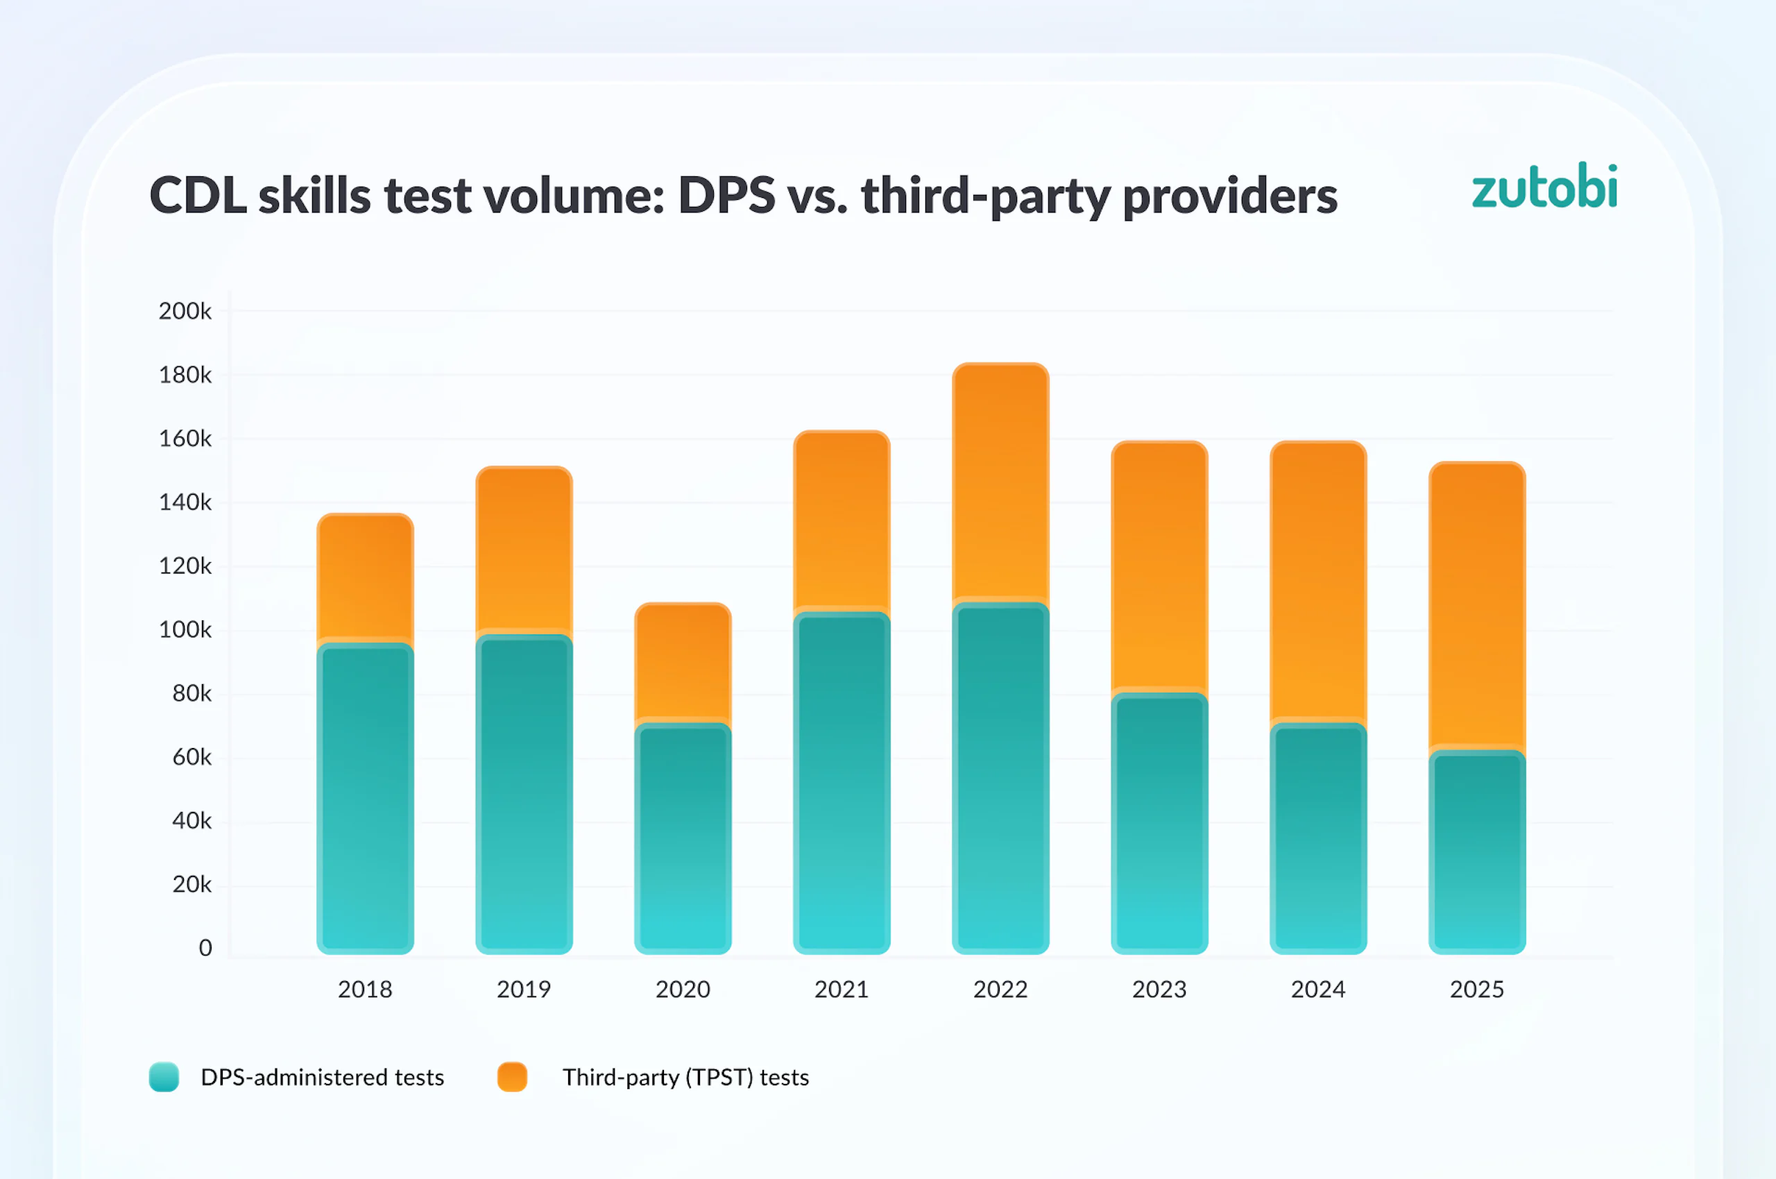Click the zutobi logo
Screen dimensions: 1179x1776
click(1544, 187)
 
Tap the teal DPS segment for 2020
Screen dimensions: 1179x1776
click(683, 838)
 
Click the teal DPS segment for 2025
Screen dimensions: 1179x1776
click(1477, 853)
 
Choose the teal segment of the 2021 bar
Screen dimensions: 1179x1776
click(842, 782)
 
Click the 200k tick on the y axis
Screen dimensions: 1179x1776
click(185, 312)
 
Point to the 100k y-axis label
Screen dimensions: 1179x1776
click(185, 630)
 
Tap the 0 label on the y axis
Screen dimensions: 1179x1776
click(205, 948)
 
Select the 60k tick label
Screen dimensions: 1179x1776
click(191, 757)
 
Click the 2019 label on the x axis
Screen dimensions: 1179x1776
click(524, 990)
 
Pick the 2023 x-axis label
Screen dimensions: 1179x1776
click(1159, 990)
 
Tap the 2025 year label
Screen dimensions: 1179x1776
click(1477, 990)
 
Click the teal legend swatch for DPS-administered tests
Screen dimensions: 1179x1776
click(164, 1077)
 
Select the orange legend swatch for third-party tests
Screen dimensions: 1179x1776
click(512, 1077)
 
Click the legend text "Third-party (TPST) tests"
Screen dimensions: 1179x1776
click(685, 1078)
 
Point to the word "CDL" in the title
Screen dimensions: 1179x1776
click(198, 196)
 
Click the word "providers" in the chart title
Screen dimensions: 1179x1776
click(1229, 197)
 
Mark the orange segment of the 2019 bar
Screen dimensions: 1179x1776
click(524, 549)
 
